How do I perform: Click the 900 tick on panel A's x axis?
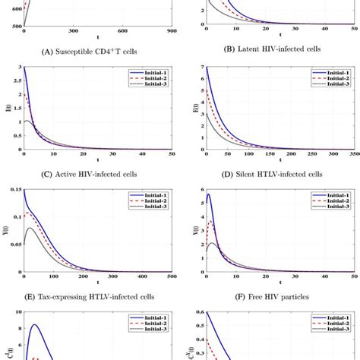pyautogui.click(x=171, y=31)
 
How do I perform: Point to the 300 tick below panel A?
pyautogui.click(x=73, y=31)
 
